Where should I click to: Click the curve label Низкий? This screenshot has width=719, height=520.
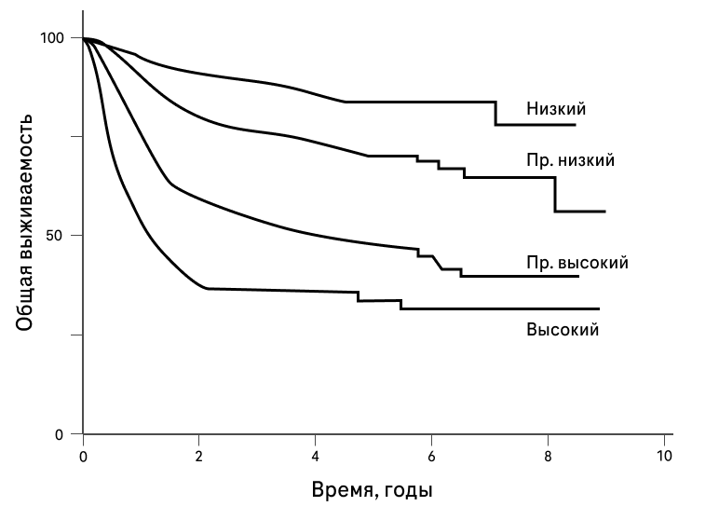coord(556,109)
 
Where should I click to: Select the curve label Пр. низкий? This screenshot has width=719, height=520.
coord(570,160)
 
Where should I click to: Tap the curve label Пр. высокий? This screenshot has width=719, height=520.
coord(577,263)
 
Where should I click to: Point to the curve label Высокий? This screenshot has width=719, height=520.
coord(562,329)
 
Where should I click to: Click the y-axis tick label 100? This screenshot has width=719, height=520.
coord(52,38)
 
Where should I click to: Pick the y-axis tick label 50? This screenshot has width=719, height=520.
coord(56,236)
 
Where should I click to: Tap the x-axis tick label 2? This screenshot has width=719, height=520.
coord(199,457)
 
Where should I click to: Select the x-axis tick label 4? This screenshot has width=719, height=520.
coord(316,457)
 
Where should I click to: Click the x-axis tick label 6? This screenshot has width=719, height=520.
coord(431,457)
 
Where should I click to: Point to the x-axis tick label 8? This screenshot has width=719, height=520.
coord(548,457)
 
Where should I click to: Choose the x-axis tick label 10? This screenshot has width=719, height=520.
coord(663,457)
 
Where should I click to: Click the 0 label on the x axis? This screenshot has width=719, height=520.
coord(84,457)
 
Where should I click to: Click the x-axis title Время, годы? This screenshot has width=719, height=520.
coord(373,489)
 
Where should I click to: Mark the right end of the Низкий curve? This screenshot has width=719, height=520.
coord(576,125)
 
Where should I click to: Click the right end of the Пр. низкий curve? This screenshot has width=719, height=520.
coord(605,212)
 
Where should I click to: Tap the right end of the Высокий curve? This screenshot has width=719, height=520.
coord(599,308)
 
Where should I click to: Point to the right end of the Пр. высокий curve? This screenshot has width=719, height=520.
coord(578,276)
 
